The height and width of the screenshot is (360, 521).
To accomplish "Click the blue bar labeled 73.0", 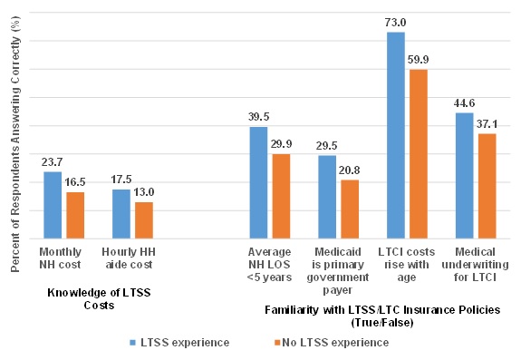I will pyautogui.click(x=396, y=135).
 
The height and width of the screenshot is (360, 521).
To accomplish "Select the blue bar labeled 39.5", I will pyautogui.click(x=259, y=182).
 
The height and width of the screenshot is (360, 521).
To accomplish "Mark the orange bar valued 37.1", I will pyautogui.click(x=487, y=186).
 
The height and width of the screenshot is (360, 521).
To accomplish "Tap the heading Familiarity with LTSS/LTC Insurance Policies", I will pyautogui.click(x=382, y=315).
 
